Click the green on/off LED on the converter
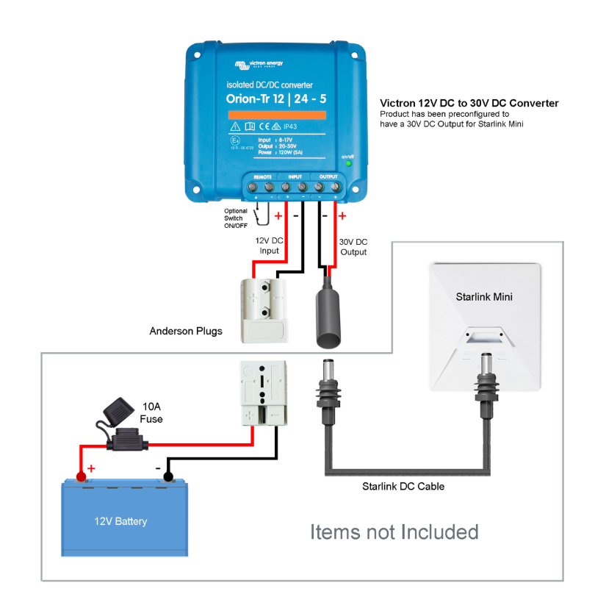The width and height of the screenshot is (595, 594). click(349, 163)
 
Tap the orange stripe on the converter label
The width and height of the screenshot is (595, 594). click(276, 115)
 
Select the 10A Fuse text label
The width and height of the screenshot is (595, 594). click(151, 412)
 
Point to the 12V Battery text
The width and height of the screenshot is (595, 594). click(120, 521)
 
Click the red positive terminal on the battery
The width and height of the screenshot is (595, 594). click(81, 478)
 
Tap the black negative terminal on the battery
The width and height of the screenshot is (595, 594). click(168, 478)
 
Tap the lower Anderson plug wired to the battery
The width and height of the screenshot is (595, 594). click(262, 394)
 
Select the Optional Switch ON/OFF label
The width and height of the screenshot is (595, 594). click(236, 218)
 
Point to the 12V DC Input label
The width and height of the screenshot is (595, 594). click(267, 246)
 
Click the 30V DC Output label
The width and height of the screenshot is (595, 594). click(353, 246)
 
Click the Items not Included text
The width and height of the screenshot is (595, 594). click(394, 532)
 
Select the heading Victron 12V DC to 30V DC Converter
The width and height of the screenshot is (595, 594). click(469, 104)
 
